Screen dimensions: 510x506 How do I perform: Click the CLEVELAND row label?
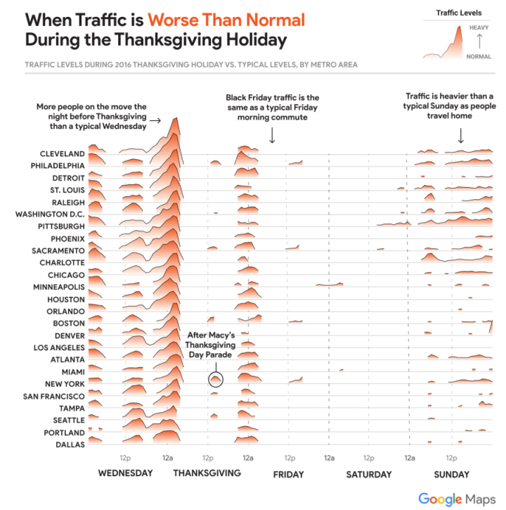click(x=63, y=153)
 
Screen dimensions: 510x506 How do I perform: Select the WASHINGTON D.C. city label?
click(x=50, y=214)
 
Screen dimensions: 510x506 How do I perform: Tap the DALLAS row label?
click(x=70, y=445)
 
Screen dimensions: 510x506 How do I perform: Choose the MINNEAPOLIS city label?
click(x=59, y=287)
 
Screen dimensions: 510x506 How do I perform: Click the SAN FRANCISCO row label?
click(x=54, y=396)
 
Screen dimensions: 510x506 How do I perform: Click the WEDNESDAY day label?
click(x=125, y=473)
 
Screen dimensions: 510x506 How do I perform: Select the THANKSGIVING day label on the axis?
click(x=207, y=473)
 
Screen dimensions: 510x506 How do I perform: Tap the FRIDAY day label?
click(x=288, y=474)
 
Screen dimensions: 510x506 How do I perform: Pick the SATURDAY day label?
click(x=369, y=474)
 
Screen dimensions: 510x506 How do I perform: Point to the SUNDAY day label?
click(x=451, y=474)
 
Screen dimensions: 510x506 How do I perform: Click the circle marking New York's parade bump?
click(x=216, y=380)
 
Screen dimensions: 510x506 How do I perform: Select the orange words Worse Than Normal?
click(x=224, y=19)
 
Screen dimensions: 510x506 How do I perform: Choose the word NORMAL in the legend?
click(x=478, y=55)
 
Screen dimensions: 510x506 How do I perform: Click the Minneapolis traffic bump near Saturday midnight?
click(x=330, y=283)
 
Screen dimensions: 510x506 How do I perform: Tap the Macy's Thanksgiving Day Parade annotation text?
click(x=211, y=345)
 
